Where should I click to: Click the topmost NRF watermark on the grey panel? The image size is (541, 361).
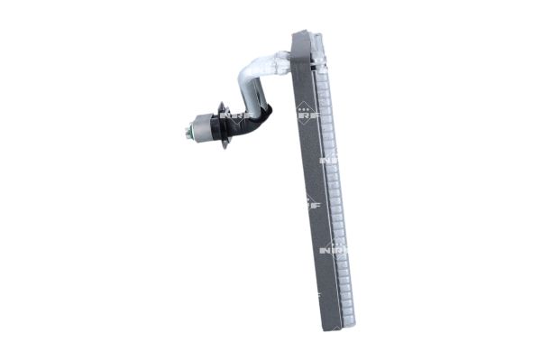307,115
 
